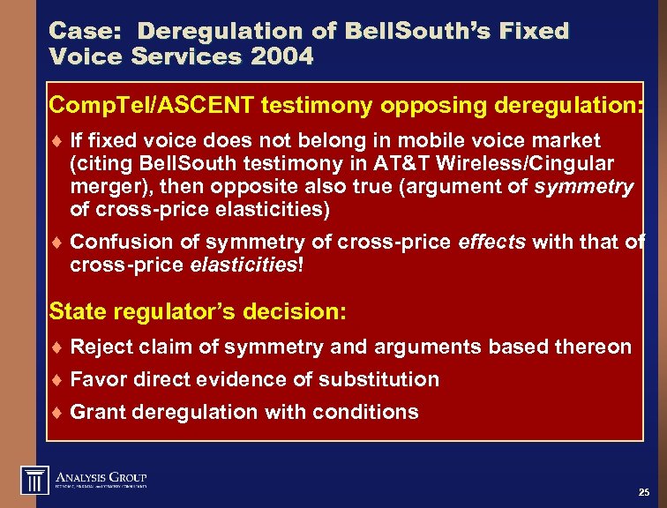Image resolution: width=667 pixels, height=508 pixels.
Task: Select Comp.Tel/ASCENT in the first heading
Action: (151, 106)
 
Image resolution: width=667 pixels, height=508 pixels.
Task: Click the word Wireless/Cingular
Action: (528, 164)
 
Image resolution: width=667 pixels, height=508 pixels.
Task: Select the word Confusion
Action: (115, 242)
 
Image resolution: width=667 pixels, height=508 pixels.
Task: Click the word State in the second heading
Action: (75, 311)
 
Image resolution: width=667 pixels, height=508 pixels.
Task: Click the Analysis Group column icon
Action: (34, 479)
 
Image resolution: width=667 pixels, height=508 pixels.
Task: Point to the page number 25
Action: (643, 491)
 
